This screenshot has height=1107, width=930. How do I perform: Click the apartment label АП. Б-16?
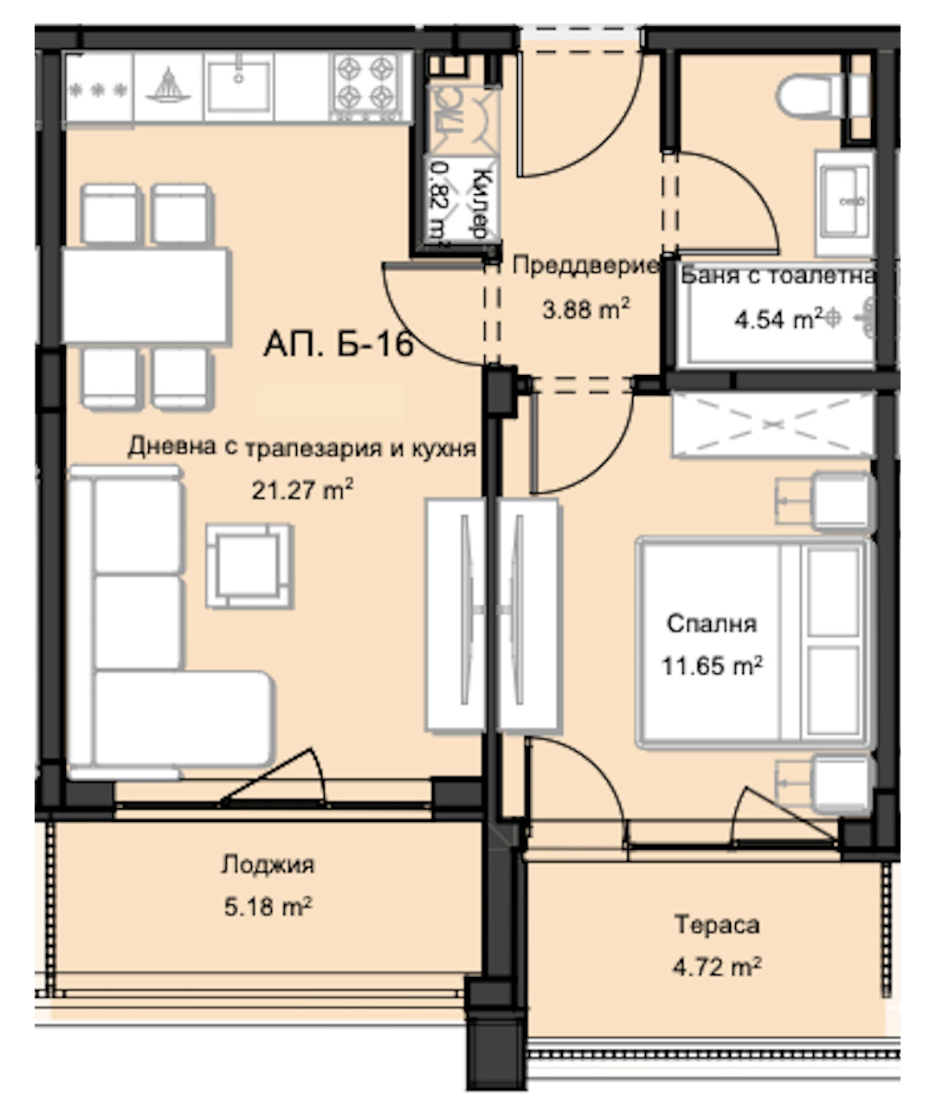pos(338,345)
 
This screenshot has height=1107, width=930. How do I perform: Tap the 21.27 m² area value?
pos(302,491)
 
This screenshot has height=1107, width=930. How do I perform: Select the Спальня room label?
pos(711,624)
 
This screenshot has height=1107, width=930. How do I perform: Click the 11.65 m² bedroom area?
pos(711,666)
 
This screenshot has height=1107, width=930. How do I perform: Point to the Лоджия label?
pos(268,864)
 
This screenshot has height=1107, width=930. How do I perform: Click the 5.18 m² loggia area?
pos(268,907)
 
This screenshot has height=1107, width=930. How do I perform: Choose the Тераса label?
pos(717,925)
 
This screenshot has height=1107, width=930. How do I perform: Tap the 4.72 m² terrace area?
pos(717,967)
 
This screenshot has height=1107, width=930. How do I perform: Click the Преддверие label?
pos(585,266)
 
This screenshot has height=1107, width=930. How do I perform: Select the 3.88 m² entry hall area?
pos(585,308)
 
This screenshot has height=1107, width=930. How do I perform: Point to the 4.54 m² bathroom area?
pos(776,320)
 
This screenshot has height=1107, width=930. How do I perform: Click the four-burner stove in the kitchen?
pos(365,81)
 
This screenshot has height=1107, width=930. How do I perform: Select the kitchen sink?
pos(237,82)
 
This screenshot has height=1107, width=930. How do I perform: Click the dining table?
pos(145,295)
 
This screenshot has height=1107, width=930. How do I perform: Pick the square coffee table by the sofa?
pos(249,564)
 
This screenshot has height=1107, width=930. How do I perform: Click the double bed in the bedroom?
pos(752,642)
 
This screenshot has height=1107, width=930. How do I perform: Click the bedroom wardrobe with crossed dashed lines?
pos(772,424)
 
